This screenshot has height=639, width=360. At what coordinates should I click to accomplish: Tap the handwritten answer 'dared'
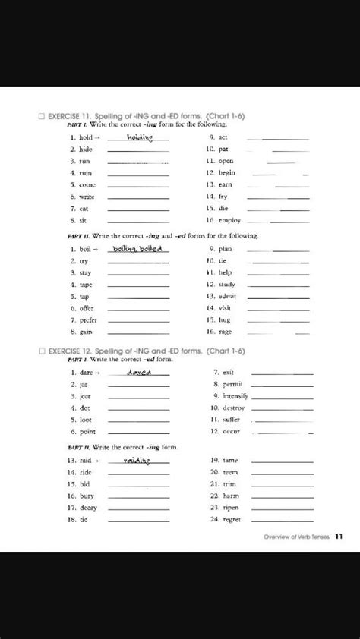139,372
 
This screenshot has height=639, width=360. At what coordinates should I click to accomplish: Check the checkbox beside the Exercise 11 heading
41,116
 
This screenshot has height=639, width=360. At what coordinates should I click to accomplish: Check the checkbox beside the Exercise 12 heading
41,351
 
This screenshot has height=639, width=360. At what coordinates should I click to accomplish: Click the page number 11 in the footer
338,535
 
